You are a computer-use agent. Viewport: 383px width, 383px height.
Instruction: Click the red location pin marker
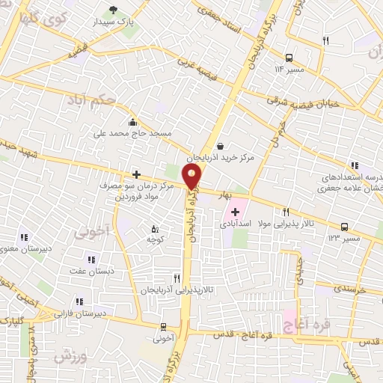click(x=193, y=177)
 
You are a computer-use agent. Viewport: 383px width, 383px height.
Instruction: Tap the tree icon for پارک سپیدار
click(x=113, y=10)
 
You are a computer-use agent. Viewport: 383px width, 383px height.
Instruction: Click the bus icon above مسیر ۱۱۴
click(x=289, y=57)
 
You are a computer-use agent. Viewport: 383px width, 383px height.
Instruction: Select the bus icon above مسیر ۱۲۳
click(x=344, y=226)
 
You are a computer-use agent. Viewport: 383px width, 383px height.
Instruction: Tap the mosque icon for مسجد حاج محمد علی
click(x=133, y=123)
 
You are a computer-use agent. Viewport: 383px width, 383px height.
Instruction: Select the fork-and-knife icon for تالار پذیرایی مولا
click(x=286, y=212)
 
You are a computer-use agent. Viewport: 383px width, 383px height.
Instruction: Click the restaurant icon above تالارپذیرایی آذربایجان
click(x=177, y=277)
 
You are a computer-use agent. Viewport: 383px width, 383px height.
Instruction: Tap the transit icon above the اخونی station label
click(x=163, y=326)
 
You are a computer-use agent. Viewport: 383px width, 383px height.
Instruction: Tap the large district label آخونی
click(x=91, y=233)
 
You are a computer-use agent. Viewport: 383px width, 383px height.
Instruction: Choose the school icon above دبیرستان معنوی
click(x=25, y=238)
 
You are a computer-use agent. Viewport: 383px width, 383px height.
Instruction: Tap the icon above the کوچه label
click(x=155, y=229)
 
